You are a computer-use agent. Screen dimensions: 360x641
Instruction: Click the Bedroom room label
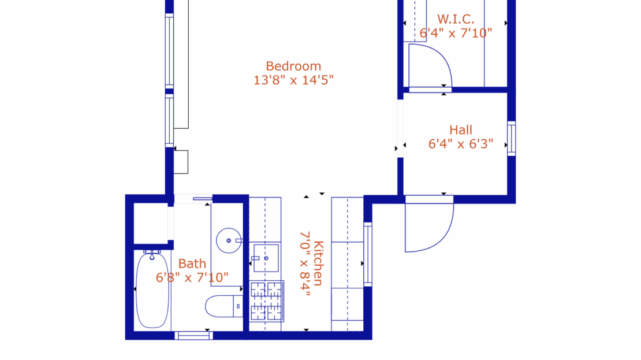pyautogui.click(x=293, y=66)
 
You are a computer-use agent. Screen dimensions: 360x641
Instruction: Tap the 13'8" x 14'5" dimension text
pyautogui.click(x=293, y=80)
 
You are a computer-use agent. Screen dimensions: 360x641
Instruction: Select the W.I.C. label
pyautogui.click(x=456, y=19)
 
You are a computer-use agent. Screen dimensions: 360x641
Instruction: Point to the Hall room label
pyautogui.click(x=460, y=130)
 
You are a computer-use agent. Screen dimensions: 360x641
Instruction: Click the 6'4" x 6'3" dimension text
pyautogui.click(x=460, y=144)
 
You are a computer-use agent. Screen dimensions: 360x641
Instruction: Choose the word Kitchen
pyautogui.click(x=318, y=263)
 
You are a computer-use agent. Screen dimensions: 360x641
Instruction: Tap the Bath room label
pyautogui.click(x=192, y=264)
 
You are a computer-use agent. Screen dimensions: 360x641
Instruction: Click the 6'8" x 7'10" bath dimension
pyautogui.click(x=192, y=278)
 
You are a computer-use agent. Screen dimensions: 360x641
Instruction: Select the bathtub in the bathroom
pyautogui.click(x=152, y=290)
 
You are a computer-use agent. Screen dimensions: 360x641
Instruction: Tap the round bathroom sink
pyautogui.click(x=229, y=240)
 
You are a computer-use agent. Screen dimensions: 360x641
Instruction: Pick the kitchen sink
pyautogui.click(x=266, y=258)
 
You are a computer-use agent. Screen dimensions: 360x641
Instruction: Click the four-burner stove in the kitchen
pyautogui.click(x=266, y=300)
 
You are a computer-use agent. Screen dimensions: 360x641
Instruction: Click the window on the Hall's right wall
pyautogui.click(x=511, y=138)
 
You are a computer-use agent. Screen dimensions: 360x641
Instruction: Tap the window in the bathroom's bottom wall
pyautogui.click(x=193, y=335)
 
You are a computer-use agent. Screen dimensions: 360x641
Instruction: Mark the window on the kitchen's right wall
pyautogui.click(x=368, y=254)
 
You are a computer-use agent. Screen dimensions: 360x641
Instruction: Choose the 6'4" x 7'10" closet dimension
pyautogui.click(x=456, y=33)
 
